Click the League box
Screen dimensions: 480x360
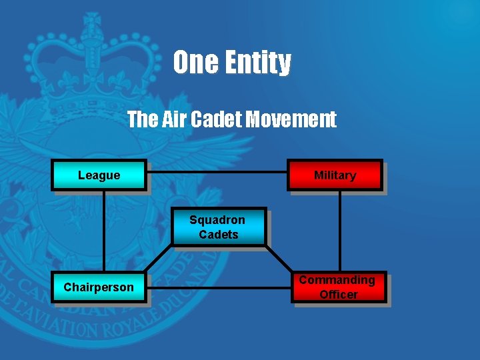(x=99, y=175)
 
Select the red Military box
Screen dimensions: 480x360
(x=335, y=175)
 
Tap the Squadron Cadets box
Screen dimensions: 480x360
(x=218, y=227)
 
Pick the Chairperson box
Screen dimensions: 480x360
(x=99, y=287)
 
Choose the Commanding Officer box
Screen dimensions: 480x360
(x=338, y=287)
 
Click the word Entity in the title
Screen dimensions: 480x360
(x=257, y=63)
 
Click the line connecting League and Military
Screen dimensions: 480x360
(x=217, y=172)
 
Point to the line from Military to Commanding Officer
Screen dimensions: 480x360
(x=339, y=232)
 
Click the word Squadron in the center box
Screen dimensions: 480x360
(x=217, y=220)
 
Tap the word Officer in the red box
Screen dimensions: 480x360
(x=339, y=295)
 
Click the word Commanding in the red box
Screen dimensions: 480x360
(x=337, y=280)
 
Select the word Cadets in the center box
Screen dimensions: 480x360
(x=218, y=235)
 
